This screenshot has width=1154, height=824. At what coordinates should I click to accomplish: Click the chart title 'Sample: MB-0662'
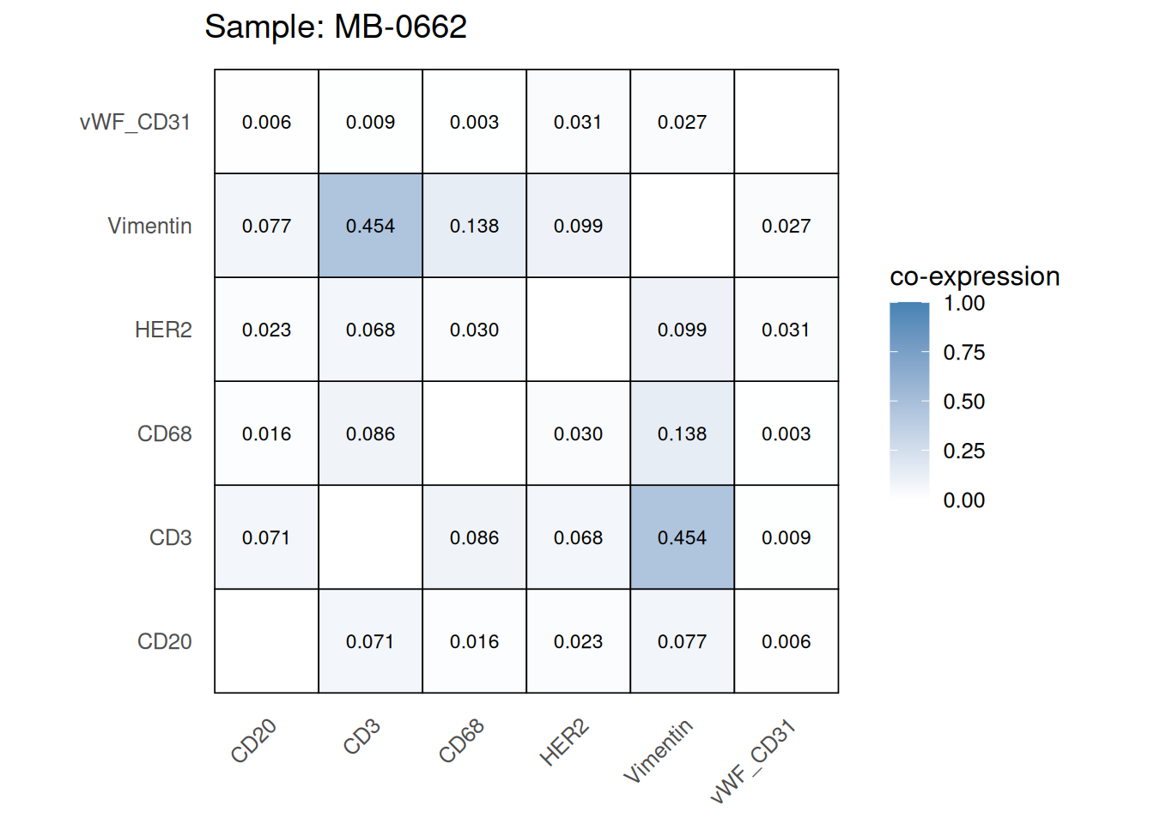pyautogui.click(x=336, y=27)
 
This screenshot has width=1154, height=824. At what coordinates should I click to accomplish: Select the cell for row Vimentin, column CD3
pyautogui.click(x=370, y=226)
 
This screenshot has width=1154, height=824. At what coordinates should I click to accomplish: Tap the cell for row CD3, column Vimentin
pyautogui.click(x=682, y=537)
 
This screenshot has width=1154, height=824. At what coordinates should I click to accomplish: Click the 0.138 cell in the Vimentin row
pyautogui.click(x=474, y=226)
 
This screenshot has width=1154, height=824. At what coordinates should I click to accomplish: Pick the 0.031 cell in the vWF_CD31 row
pyautogui.click(x=578, y=122)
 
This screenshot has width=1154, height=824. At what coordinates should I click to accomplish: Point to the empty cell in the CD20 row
pyautogui.click(x=266, y=641)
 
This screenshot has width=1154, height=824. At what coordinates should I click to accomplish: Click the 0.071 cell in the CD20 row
pyautogui.click(x=370, y=641)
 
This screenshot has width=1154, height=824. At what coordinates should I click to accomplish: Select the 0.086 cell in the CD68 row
pyautogui.click(x=370, y=433)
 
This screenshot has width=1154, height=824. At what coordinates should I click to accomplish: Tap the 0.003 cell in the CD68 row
pyautogui.click(x=786, y=433)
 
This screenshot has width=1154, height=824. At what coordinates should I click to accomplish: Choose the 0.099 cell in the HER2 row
pyautogui.click(x=682, y=330)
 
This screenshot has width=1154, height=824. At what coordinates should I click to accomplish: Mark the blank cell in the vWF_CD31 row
pyautogui.click(x=786, y=122)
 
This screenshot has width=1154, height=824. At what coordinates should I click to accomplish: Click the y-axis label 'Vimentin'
pyautogui.click(x=149, y=226)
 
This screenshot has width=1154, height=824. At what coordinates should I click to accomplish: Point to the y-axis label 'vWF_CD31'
pyautogui.click(x=135, y=122)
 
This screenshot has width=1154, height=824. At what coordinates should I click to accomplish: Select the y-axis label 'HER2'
pyautogui.click(x=163, y=330)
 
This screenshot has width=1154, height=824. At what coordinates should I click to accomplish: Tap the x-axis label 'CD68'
pyautogui.click(x=462, y=741)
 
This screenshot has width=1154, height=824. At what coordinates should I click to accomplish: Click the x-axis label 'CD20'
pyautogui.click(x=254, y=741)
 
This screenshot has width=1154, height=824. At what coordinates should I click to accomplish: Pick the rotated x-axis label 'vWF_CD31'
pyautogui.click(x=754, y=762)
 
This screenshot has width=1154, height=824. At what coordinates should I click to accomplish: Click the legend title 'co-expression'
pyautogui.click(x=975, y=276)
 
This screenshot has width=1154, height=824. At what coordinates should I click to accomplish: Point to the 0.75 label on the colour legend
pyautogui.click(x=963, y=352)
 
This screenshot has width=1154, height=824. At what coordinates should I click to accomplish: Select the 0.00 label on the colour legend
pyautogui.click(x=963, y=500)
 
